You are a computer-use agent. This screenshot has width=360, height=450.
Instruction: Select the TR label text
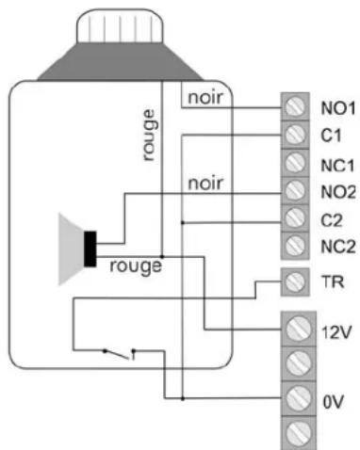coord(329,280)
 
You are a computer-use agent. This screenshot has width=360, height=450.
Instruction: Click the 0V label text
coord(331,399)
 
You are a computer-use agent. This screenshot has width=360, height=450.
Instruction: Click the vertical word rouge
coord(148,135)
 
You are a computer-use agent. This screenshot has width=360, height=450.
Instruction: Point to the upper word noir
coord(206,98)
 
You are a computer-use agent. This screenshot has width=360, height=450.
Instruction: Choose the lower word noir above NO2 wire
coord(205,183)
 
